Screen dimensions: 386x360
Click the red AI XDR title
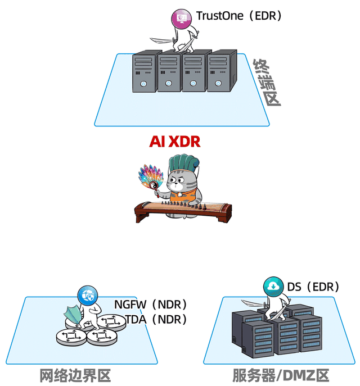click(x=174, y=142)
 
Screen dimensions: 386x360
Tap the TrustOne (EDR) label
click(x=238, y=16)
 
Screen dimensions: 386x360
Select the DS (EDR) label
click(x=313, y=287)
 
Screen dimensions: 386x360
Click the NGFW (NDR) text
click(x=150, y=305)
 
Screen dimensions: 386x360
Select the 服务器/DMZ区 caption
click(x=280, y=375)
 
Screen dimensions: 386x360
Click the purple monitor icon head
click(x=183, y=17)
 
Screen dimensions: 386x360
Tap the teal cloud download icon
click(x=272, y=287)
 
